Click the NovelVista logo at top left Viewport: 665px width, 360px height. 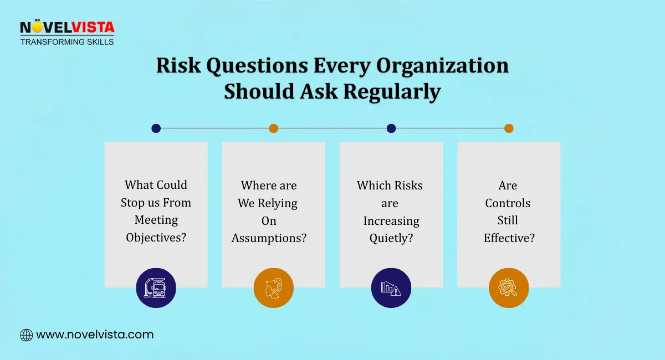66,28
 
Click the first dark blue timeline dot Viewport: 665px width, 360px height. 156,128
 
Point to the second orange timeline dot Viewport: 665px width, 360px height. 273,128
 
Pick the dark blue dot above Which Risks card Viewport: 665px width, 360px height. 391,128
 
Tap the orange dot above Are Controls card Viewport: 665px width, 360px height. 509,128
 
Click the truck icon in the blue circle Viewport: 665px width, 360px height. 156,288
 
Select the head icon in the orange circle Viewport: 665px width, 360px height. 273,288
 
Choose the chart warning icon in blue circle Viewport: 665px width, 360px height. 391,288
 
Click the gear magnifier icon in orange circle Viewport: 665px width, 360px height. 509,288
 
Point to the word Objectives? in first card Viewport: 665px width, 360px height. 156,238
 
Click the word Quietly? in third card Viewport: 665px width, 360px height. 391,238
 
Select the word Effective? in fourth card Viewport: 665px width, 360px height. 509,238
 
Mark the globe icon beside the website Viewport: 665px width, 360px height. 26,335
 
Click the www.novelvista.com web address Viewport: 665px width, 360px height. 95,335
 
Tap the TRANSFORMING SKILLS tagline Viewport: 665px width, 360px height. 66,42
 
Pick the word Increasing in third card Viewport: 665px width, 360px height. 391,220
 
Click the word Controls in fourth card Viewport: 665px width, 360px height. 508,203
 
